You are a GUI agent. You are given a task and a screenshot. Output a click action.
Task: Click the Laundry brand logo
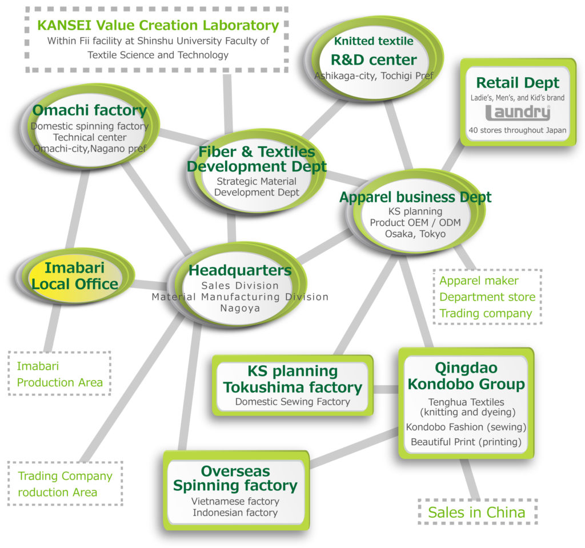pos(518,113)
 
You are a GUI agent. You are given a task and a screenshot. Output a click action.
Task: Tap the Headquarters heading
pos(240,270)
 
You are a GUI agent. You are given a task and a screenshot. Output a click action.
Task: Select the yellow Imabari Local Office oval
pos(75,276)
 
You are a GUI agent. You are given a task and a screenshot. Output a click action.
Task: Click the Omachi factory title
pos(90,110)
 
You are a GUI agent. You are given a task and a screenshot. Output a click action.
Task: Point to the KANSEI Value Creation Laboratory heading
pos(158,25)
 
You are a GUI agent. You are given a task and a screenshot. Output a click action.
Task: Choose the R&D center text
pos(374,60)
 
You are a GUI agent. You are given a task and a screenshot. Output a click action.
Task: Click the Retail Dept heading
pos(518,82)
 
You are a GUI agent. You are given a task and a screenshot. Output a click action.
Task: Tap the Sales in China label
pos(476,512)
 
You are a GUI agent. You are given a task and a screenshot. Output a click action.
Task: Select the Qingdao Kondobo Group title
pos(466,376)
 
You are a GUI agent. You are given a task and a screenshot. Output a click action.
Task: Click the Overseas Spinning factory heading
pos(235,478)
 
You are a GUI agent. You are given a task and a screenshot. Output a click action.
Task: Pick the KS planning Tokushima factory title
pos(292,379)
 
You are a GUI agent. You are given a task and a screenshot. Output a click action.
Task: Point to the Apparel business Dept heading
pos(415,197)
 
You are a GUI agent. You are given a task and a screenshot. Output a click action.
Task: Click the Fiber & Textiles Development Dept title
pos(257,159)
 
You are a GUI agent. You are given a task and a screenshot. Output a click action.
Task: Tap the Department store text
pos(487,297)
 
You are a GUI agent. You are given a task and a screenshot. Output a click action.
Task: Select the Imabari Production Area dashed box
pos(59,373)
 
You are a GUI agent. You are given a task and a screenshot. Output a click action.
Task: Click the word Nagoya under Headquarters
pos(240,309)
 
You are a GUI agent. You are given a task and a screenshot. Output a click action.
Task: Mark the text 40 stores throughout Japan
pos(518,130)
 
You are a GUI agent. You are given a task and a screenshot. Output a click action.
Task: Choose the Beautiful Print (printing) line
pos(466,442)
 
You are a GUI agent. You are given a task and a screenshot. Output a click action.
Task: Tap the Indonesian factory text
pos(235,513)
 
